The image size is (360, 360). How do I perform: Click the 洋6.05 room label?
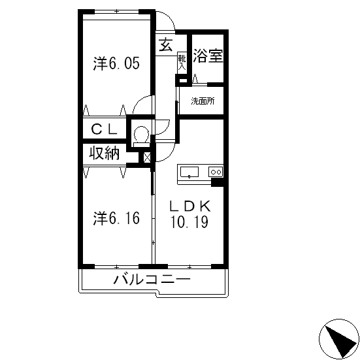116,63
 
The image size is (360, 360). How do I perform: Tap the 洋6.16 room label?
116,218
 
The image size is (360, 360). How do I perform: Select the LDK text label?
189,206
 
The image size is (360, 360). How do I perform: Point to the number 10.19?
189,221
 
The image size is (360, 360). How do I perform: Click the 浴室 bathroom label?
208,56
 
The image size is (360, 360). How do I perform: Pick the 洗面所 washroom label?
203,101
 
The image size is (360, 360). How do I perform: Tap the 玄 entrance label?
166,44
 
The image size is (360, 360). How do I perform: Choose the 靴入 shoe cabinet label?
182,63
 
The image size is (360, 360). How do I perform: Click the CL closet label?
105,129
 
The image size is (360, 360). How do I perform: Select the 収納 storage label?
105,153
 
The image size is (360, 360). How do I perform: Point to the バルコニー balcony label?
152,280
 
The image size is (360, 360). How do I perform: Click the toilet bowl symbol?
141,137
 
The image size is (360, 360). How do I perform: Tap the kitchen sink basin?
189,172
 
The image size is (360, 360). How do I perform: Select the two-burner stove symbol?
216,172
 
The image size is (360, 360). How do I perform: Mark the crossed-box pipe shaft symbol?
147,157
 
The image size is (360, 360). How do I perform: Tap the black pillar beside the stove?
217,183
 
